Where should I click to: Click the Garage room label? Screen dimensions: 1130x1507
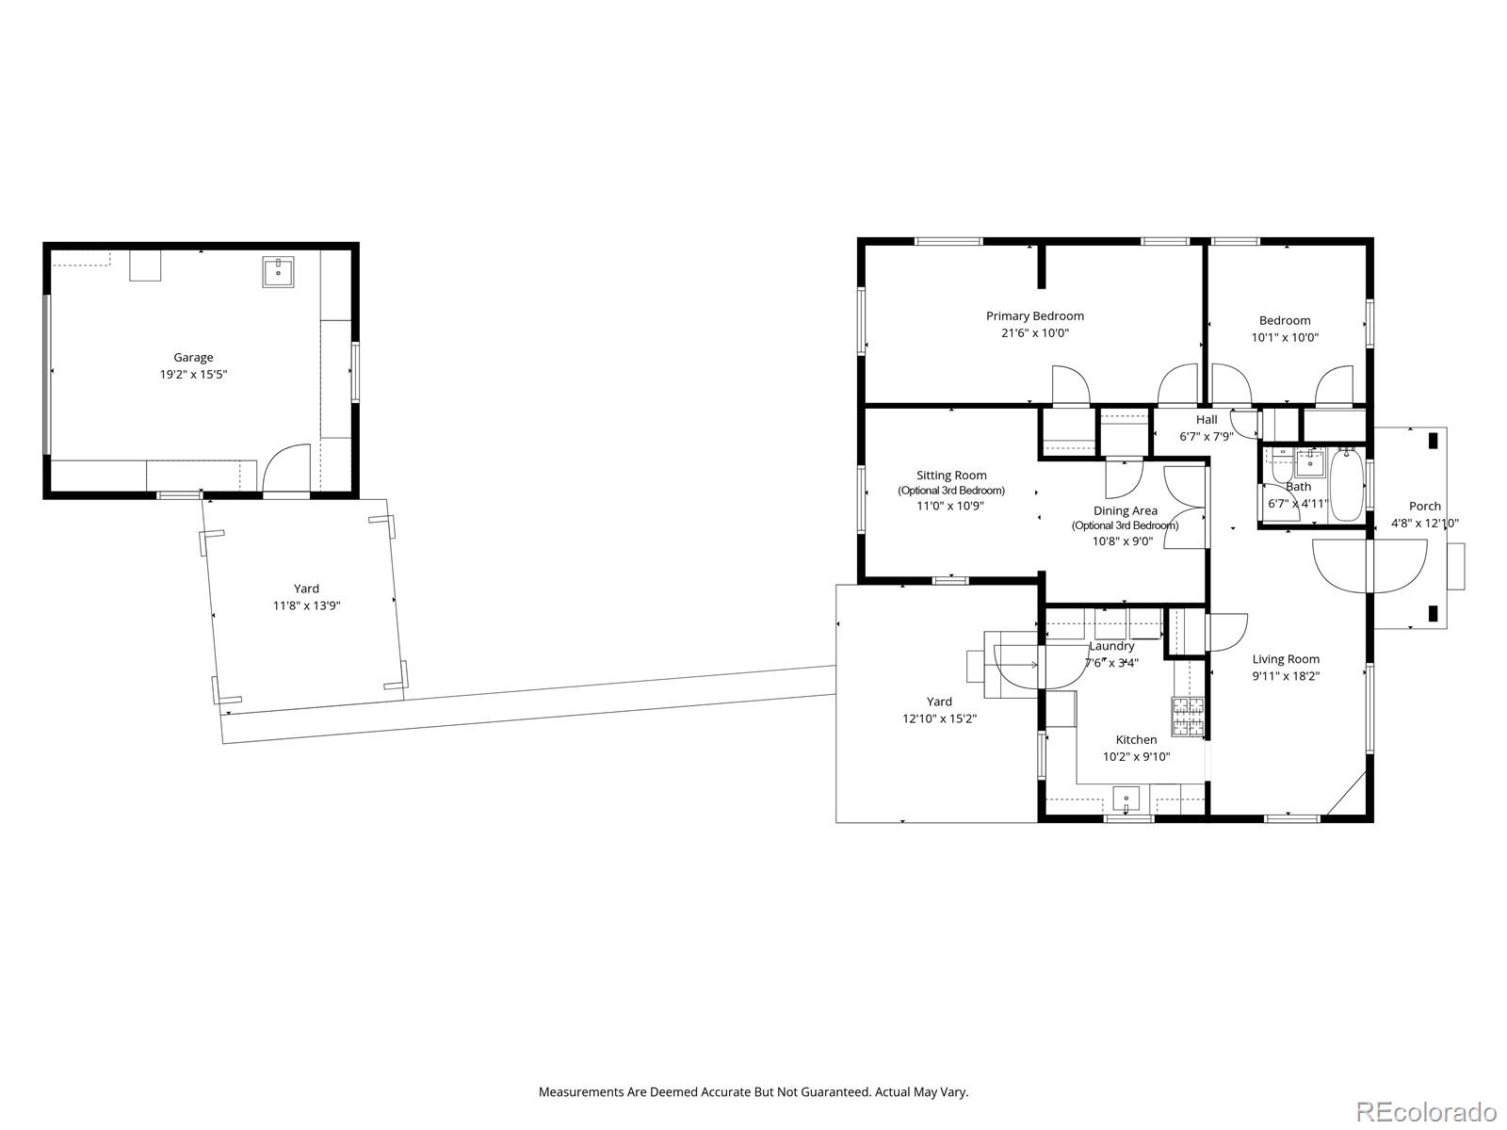(x=193, y=357)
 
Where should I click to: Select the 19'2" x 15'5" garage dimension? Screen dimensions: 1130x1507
(x=193, y=375)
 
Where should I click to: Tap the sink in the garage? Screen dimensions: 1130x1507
(x=278, y=273)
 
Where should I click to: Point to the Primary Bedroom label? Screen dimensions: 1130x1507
(x=1034, y=316)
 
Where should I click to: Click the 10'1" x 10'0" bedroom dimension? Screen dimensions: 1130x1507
(x=1285, y=337)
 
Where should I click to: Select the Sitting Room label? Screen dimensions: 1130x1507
(x=951, y=476)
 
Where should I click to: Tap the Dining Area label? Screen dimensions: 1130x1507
(x=1125, y=511)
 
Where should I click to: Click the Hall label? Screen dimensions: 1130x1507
(x=1207, y=420)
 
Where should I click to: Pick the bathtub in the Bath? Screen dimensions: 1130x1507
(x=1347, y=484)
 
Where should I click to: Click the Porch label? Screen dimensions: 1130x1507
(x=1424, y=507)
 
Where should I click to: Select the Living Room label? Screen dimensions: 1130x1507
(x=1285, y=659)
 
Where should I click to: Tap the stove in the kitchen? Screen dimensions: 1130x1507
(x=1188, y=717)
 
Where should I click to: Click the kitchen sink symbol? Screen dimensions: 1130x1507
(x=1126, y=801)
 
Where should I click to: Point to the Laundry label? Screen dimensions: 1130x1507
(x=1111, y=646)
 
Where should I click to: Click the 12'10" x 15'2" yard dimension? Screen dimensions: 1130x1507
(x=938, y=718)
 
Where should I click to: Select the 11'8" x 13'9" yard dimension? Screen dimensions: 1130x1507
(x=306, y=605)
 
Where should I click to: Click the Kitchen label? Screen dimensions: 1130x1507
(x=1136, y=739)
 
